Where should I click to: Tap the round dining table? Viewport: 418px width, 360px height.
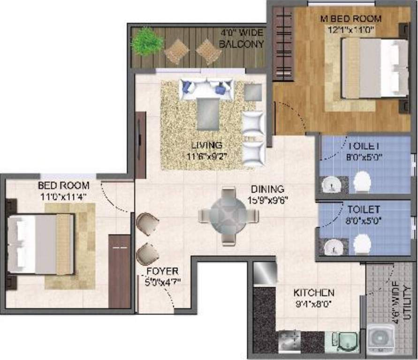[x=228, y=216]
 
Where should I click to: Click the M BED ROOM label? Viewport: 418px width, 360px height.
[x=350, y=19]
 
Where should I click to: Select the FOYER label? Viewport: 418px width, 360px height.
[x=162, y=271]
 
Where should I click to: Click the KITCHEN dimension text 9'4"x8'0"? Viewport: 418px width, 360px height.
[x=313, y=303]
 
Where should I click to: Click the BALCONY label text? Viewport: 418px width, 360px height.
[x=242, y=44]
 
